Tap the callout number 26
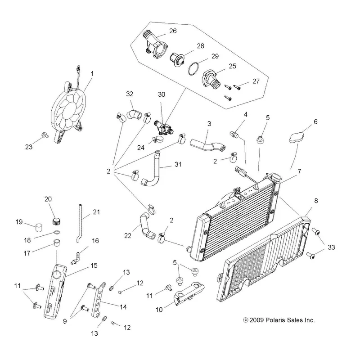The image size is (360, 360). pos(173,31)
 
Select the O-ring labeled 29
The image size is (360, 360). pos(193,68)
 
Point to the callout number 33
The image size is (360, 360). pos(331,247)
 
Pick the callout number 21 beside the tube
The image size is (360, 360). pos(96,211)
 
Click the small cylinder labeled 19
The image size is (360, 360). pos(40,227)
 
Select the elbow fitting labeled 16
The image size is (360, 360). pos(76,258)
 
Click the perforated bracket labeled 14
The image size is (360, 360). pos(98,300)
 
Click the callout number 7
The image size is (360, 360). pos(299,171)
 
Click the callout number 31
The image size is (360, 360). pos(178,164)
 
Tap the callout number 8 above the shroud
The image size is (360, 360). pos(316,200)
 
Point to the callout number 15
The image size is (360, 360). pos(94,265)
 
